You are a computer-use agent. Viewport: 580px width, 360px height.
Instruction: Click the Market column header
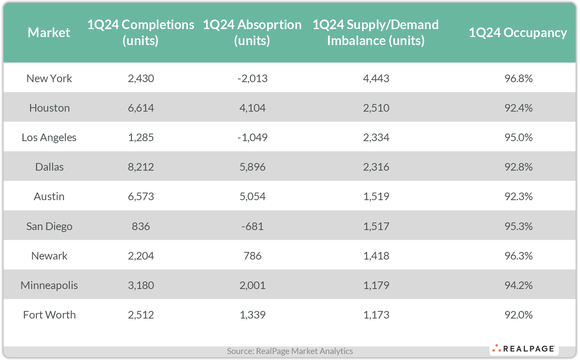tap(49, 33)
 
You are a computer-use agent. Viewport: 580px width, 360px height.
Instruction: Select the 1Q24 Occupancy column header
tap(517, 33)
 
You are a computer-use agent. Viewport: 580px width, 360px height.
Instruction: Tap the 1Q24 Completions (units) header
tap(141, 33)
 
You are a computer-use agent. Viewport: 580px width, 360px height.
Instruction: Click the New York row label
tap(49, 78)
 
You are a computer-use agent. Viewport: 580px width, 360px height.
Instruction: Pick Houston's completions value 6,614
tap(141, 108)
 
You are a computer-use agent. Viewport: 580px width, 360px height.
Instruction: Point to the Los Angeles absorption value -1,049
tap(252, 137)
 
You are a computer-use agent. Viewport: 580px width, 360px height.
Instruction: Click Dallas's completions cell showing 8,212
tap(141, 167)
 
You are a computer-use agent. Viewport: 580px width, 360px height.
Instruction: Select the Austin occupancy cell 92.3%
tap(518, 196)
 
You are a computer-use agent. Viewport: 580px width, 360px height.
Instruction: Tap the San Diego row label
tap(49, 226)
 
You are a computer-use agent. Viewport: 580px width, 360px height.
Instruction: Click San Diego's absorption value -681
tap(252, 226)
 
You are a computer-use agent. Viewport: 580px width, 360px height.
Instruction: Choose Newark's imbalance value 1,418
tap(376, 256)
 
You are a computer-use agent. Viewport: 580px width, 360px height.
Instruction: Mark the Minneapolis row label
tap(49, 285)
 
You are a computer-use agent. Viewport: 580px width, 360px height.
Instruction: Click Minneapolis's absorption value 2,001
tap(252, 285)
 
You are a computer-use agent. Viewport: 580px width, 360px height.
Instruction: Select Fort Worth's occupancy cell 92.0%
tap(518, 315)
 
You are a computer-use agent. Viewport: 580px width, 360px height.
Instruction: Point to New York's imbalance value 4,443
tap(376, 78)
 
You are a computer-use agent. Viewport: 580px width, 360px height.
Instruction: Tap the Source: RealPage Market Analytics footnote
tap(290, 351)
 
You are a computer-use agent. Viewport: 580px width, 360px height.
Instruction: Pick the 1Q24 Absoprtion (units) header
tap(252, 33)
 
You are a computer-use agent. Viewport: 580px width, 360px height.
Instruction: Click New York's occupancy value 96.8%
tap(518, 78)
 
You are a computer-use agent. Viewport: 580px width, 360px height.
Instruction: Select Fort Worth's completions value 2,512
tap(141, 315)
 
